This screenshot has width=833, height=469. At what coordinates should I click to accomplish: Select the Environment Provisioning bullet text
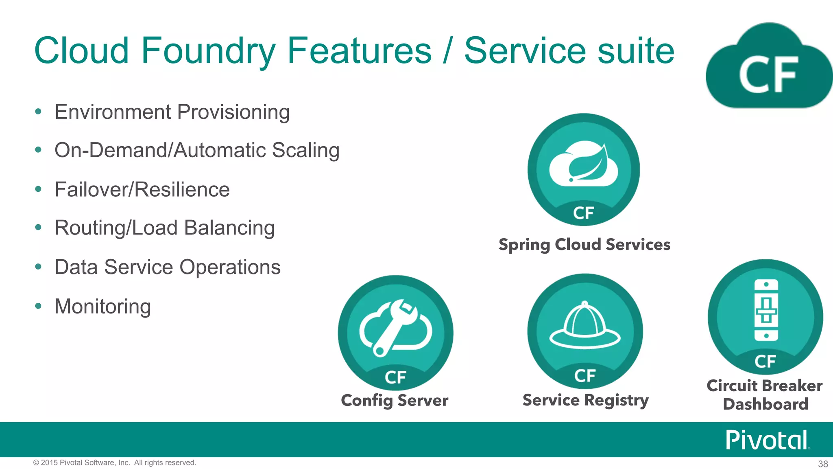(172, 112)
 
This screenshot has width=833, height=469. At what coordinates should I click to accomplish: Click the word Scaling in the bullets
(305, 150)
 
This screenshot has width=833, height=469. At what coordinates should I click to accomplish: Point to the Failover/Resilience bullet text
(142, 189)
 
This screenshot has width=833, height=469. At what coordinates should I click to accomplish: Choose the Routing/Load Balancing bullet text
(164, 228)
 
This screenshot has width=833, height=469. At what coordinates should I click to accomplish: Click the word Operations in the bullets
(230, 267)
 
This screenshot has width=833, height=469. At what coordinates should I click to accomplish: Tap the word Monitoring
(102, 306)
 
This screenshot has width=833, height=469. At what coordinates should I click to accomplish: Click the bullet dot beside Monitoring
(38, 306)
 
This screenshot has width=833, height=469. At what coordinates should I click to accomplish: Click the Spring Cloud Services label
(584, 245)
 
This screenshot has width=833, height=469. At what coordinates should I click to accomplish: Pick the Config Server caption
(395, 400)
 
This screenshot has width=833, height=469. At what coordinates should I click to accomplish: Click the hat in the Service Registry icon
(585, 326)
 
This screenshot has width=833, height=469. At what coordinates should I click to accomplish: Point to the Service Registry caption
(585, 400)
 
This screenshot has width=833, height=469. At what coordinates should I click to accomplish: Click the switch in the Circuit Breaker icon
(766, 310)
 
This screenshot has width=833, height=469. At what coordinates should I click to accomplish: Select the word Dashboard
(765, 404)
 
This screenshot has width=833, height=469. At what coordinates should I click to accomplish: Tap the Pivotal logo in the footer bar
(767, 440)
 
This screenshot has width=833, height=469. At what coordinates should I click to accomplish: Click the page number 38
(823, 464)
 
